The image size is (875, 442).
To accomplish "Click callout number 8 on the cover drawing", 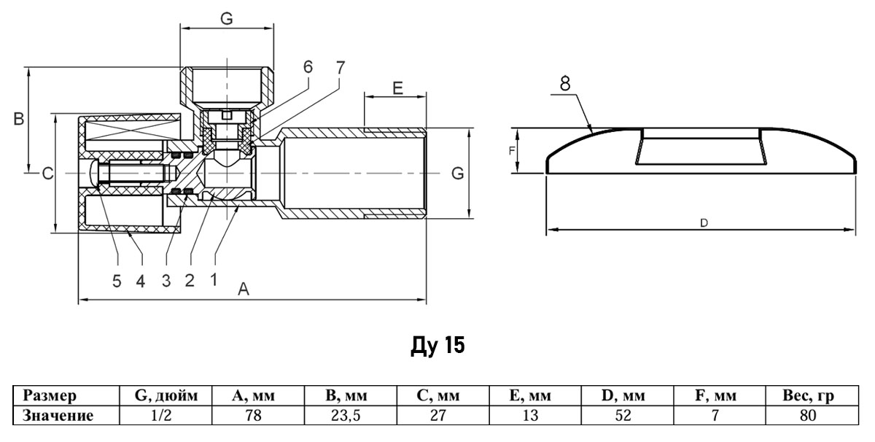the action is coord(565,84).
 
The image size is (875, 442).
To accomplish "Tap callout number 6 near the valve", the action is coord(308,67).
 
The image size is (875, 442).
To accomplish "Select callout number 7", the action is coord(341,68).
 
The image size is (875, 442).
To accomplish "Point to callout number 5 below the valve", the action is coord(117,281).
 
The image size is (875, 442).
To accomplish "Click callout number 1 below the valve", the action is coord(213,280).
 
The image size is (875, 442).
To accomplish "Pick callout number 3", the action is coord(166,281).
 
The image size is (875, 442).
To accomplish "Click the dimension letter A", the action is coord(244,289).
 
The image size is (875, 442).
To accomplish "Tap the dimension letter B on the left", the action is coord(19,119).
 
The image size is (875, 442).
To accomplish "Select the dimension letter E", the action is coord(397,88).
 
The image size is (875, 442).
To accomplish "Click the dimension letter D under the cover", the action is coord(704,223).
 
